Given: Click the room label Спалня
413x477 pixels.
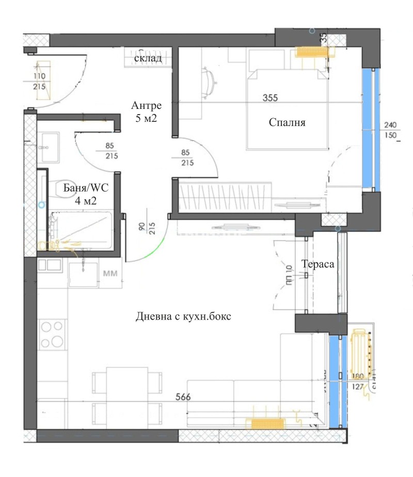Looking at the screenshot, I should click(288, 123).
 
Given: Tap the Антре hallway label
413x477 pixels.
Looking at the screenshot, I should click(147, 106).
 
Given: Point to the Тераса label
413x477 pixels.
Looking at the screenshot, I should click(319, 264).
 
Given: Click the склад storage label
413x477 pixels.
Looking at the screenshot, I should click(148, 58).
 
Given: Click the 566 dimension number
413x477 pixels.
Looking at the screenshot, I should click(183, 397).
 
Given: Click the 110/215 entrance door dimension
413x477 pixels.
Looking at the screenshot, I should click(39, 82).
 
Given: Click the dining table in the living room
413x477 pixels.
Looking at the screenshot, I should click(126, 386).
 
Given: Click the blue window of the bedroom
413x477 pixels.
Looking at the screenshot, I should click(368, 129).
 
